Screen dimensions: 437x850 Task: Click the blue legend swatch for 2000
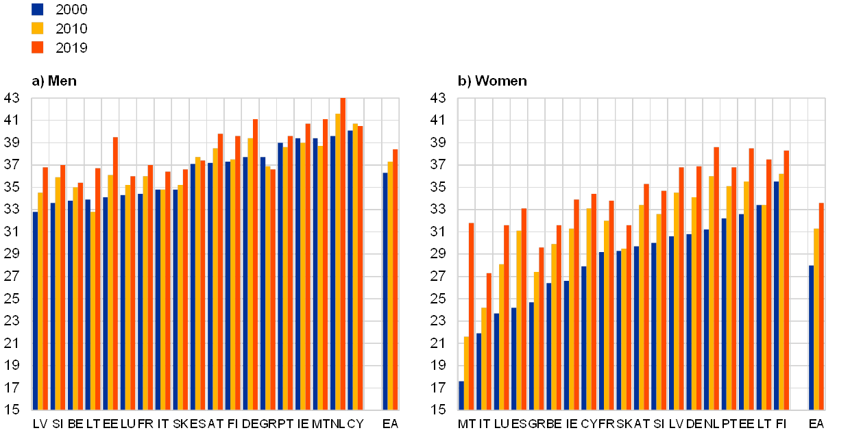click(x=38, y=10)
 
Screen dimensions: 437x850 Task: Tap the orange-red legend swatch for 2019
click(x=38, y=47)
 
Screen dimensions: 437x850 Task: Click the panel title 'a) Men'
click(x=53, y=81)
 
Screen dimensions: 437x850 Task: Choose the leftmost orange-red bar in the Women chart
click(x=471, y=316)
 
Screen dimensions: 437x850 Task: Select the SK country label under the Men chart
click(x=180, y=424)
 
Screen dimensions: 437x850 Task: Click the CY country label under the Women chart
click(x=588, y=424)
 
